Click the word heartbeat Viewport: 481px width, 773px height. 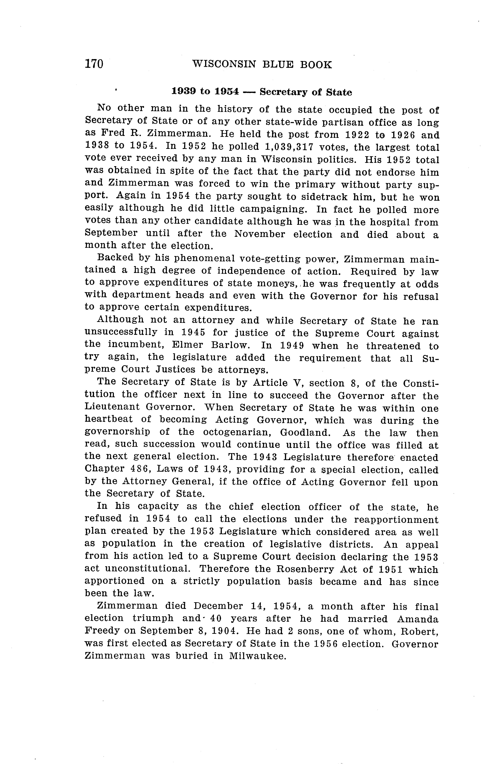(109, 420)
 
